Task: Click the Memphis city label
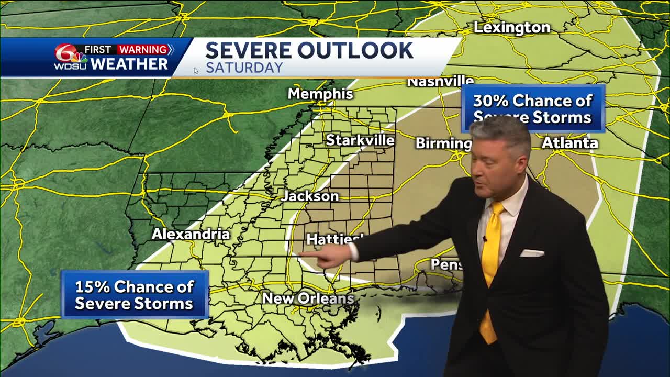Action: pyautogui.click(x=320, y=94)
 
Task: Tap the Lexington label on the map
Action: pyautogui.click(x=511, y=28)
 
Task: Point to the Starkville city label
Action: pyautogui.click(x=360, y=140)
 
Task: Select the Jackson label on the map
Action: pyautogui.click(x=310, y=196)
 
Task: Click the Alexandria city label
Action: pyautogui.click(x=191, y=234)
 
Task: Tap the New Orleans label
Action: pyautogui.click(x=308, y=298)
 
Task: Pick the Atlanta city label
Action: pyautogui.click(x=569, y=142)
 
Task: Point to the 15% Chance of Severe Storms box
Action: pyautogui.click(x=135, y=295)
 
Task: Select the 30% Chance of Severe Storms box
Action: pyautogui.click(x=533, y=108)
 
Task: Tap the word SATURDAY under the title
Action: pyautogui.click(x=244, y=68)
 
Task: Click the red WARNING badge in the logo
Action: pyautogui.click(x=143, y=50)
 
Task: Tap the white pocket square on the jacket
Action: pyautogui.click(x=532, y=253)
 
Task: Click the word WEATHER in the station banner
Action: pyautogui.click(x=129, y=64)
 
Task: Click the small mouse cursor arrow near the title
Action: pyautogui.click(x=195, y=70)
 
